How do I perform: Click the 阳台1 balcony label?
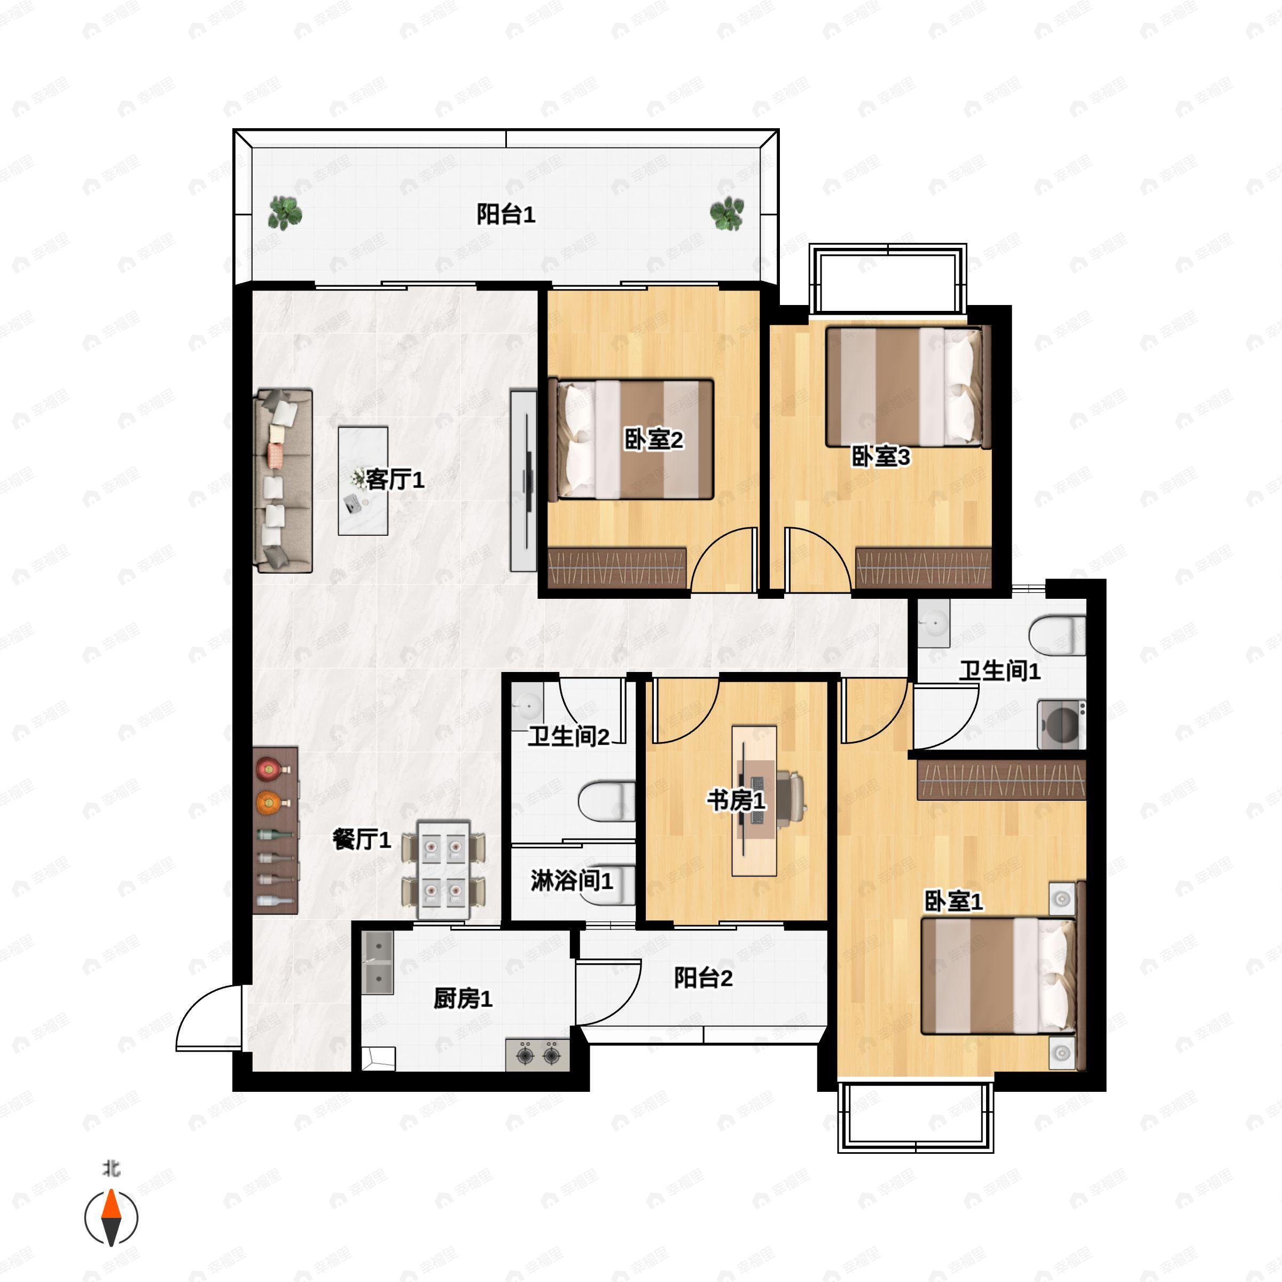pyautogui.click(x=506, y=214)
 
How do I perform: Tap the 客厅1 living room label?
pyautogui.click(x=395, y=479)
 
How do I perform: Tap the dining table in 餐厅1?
pyautogui.click(x=443, y=870)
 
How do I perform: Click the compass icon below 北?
pyautogui.click(x=112, y=1218)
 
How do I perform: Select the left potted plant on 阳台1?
pyautogui.click(x=285, y=213)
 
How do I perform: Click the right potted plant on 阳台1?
pyautogui.click(x=726, y=213)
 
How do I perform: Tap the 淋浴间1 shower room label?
pyautogui.click(x=572, y=880)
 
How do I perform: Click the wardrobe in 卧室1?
pyautogui.click(x=1002, y=780)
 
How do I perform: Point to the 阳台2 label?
pyautogui.click(x=703, y=978)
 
